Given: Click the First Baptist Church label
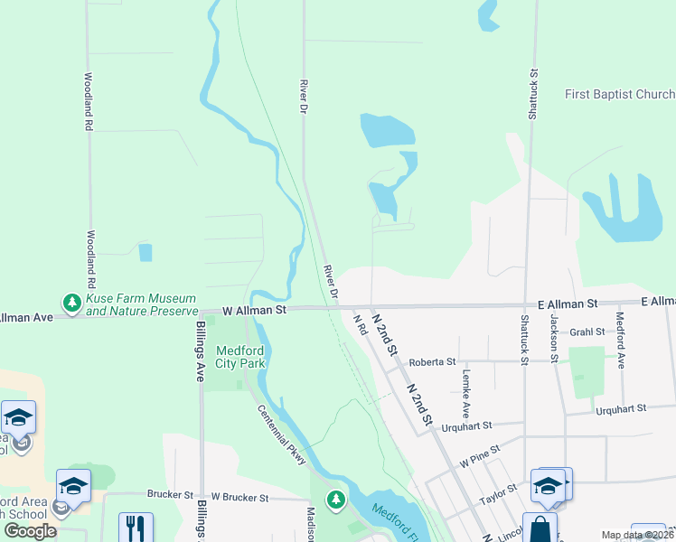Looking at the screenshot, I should click(619, 95).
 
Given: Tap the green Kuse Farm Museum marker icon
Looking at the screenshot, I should click(70, 302).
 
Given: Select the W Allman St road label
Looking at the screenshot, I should click(254, 310).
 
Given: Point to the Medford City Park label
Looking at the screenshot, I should click(240, 357).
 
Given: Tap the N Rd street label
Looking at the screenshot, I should click(359, 325).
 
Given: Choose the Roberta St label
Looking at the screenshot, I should click(432, 362).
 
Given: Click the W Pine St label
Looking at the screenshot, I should click(478, 462).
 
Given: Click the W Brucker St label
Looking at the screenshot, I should click(239, 498).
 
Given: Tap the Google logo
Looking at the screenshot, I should click(31, 531).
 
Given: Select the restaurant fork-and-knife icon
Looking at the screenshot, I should click(136, 527).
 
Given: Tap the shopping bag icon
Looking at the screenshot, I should click(540, 528).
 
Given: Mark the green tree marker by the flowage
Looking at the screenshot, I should click(336, 499).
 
